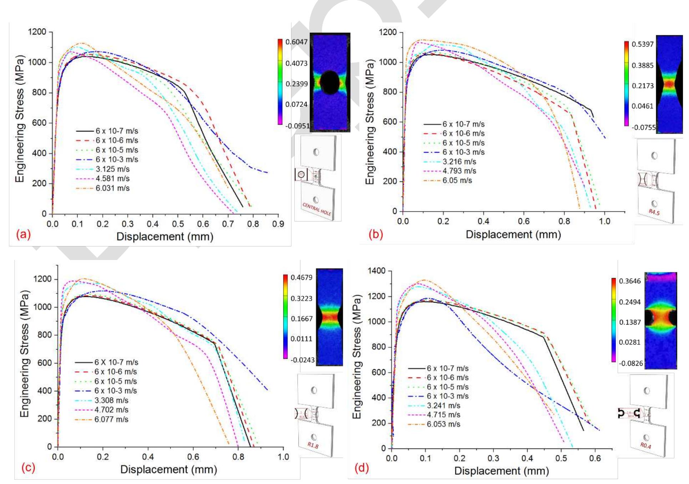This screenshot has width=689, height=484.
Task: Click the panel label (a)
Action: tap(24, 234)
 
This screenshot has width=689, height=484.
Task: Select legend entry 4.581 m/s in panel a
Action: tap(112, 179)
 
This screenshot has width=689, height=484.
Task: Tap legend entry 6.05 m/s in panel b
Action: tap(457, 180)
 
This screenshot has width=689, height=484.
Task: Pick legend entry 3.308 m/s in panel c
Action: tap(111, 400)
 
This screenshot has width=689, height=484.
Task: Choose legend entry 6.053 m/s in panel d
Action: tap(444, 424)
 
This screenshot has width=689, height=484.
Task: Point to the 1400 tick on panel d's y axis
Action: tap(377, 271)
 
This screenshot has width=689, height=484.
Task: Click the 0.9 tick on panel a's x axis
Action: tap(278, 224)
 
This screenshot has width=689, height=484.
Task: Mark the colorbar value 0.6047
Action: tap(296, 42)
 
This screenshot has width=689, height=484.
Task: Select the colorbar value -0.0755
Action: tap(644, 127)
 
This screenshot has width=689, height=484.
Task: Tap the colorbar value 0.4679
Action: tap(301, 277)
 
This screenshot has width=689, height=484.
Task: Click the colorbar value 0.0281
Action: tap(630, 342)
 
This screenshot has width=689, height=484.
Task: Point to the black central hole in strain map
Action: tap(330, 82)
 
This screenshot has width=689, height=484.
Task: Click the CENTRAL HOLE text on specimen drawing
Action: tap(317, 209)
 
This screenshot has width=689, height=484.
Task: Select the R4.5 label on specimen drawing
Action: tap(654, 212)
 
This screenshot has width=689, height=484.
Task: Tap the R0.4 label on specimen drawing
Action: tap(645, 445)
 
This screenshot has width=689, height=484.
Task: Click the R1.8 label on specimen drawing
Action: tap(313, 445)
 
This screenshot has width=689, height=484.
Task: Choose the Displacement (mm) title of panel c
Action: tap(168, 469)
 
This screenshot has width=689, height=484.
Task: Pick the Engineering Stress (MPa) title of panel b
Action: tap(370, 122)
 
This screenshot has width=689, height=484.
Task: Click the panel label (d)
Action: tap(361, 468)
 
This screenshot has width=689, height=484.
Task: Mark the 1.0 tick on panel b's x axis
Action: tap(604, 221)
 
